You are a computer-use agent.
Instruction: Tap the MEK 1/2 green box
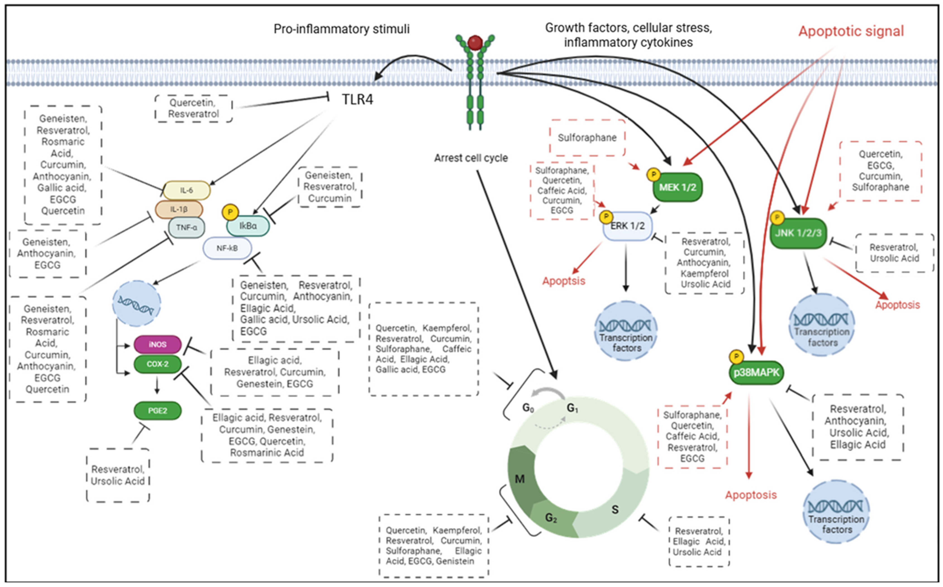pyautogui.click(x=678, y=187)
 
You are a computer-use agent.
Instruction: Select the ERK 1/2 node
pyautogui.click(x=627, y=226)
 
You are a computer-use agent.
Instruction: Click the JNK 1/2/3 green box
pyautogui.click(x=798, y=233)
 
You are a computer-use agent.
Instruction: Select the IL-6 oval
pyautogui.click(x=186, y=190)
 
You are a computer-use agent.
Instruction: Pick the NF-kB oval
pyautogui.click(x=227, y=248)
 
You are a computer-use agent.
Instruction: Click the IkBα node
pyautogui.click(x=248, y=226)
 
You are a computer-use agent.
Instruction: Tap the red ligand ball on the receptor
pyautogui.click(x=475, y=43)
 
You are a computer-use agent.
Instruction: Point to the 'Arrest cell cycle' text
pyautogui.click(x=471, y=158)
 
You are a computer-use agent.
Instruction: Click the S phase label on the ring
pyautogui.click(x=615, y=509)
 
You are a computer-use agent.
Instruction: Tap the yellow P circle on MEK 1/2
pyautogui.click(x=654, y=175)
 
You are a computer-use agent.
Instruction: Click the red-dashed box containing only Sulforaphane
pyautogui.click(x=587, y=138)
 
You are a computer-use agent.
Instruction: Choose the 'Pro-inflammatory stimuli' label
pyautogui.click(x=342, y=29)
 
